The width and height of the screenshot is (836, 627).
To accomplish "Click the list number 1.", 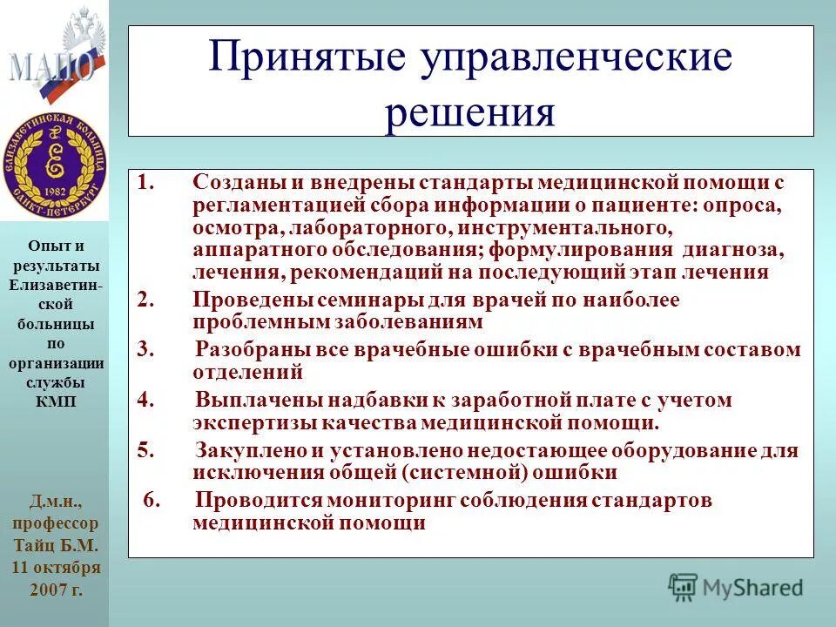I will click(145, 183).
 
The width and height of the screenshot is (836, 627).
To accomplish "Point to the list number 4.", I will click(145, 401).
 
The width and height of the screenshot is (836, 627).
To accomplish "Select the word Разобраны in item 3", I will click(248, 350).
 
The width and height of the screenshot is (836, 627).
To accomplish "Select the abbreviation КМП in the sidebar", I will click(54, 401).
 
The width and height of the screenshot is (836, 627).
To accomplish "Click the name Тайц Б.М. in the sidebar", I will click(55, 546).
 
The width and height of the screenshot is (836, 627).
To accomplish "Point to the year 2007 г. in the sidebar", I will click(55, 589).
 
